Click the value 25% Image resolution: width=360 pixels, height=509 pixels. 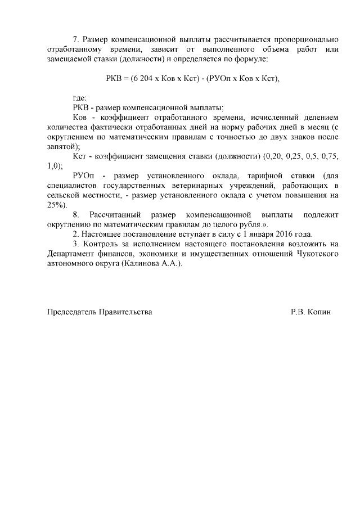pos(57,205)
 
